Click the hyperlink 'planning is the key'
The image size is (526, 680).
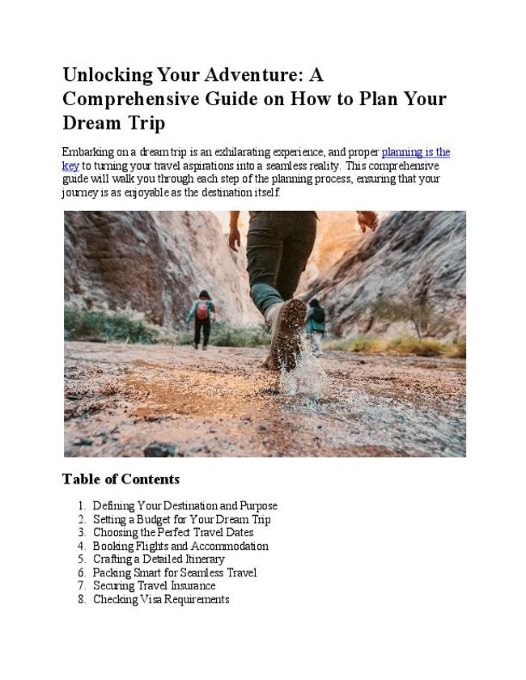(415, 152)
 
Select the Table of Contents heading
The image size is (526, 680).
(121, 479)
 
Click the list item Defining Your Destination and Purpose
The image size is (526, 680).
(185, 506)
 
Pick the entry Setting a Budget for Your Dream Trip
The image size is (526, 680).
(181, 520)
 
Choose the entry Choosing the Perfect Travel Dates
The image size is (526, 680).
(173, 533)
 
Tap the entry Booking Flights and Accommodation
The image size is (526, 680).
(180, 546)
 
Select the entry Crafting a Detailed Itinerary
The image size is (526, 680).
(159, 560)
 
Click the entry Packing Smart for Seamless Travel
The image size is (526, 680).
(175, 572)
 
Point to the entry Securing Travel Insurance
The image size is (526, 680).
(154, 586)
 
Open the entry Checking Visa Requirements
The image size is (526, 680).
(161, 599)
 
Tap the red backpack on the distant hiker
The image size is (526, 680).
(202, 310)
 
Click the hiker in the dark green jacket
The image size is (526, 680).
(316, 323)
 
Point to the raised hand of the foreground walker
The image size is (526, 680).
(368, 220)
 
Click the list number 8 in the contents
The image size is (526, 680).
(82, 599)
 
